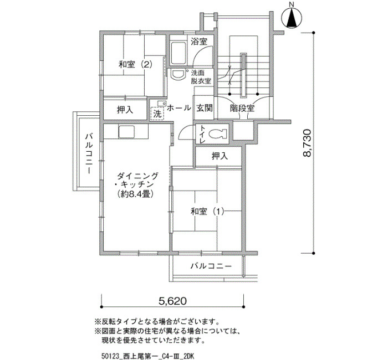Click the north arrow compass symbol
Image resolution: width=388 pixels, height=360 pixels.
click(x=292, y=17)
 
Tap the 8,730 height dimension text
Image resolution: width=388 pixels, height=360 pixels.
click(x=307, y=143)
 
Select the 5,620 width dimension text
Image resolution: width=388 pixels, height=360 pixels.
click(x=172, y=301)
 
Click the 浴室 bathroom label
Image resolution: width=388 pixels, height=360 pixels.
click(x=199, y=41)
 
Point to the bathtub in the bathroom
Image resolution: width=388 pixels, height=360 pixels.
click(x=178, y=53)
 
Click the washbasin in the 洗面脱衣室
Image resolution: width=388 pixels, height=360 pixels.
click(x=178, y=74)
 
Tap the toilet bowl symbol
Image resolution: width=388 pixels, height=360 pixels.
click(x=218, y=134)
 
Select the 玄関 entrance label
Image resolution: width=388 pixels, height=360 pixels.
click(x=205, y=108)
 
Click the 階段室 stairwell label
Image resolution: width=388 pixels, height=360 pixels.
click(x=242, y=108)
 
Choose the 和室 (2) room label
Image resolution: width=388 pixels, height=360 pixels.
click(x=135, y=65)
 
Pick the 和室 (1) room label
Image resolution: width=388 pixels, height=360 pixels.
click(x=207, y=212)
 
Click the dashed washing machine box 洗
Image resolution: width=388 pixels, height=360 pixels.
click(x=157, y=114)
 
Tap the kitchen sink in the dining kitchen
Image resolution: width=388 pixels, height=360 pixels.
click(x=126, y=132)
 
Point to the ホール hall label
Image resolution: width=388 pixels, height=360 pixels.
click(x=178, y=108)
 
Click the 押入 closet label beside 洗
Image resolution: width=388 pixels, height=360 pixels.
click(x=125, y=110)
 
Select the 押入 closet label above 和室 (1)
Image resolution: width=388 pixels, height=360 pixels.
click(x=219, y=156)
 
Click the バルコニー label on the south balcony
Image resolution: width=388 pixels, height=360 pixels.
click(x=211, y=266)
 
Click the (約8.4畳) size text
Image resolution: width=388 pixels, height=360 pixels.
click(x=135, y=194)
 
